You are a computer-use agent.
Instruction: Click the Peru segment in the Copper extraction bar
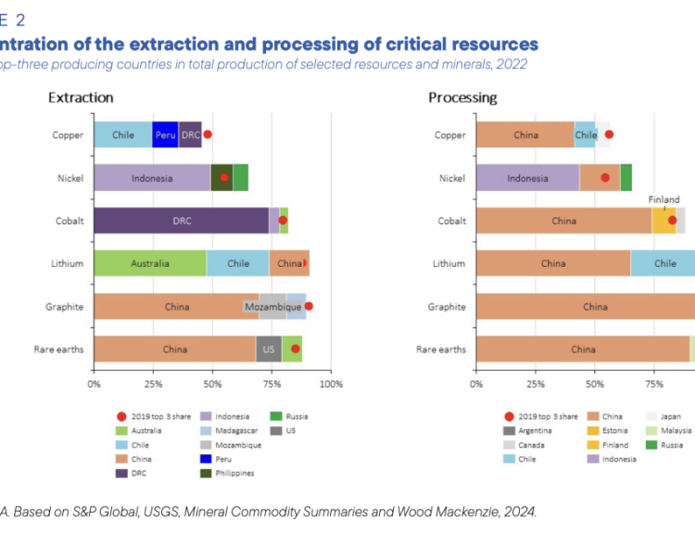pyautogui.click(x=165, y=135)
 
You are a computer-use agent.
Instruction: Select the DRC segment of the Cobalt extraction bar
pyautogui.click(x=181, y=221)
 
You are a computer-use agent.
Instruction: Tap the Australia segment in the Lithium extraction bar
pyautogui.click(x=149, y=263)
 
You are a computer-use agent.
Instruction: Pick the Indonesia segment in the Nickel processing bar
pyautogui.click(x=527, y=178)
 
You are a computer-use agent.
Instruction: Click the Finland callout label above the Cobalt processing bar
pyautogui.click(x=663, y=199)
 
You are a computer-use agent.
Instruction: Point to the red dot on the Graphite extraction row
pyautogui.click(x=309, y=306)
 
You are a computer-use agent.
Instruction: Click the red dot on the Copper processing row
pyautogui.click(x=609, y=134)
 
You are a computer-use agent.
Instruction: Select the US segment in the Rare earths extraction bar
pyautogui.click(x=269, y=349)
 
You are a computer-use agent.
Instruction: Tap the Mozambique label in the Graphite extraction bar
pyautogui.click(x=272, y=306)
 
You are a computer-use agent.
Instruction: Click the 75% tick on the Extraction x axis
pyautogui.click(x=272, y=383)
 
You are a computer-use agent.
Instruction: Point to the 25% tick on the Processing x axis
pyautogui.click(x=536, y=383)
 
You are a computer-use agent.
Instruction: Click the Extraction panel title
pyautogui.click(x=81, y=97)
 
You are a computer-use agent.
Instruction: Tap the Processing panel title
pyautogui.click(x=462, y=97)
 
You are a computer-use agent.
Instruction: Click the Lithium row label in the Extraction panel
pyautogui.click(x=68, y=263)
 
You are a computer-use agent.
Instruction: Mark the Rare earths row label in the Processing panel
pyautogui.click(x=441, y=349)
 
